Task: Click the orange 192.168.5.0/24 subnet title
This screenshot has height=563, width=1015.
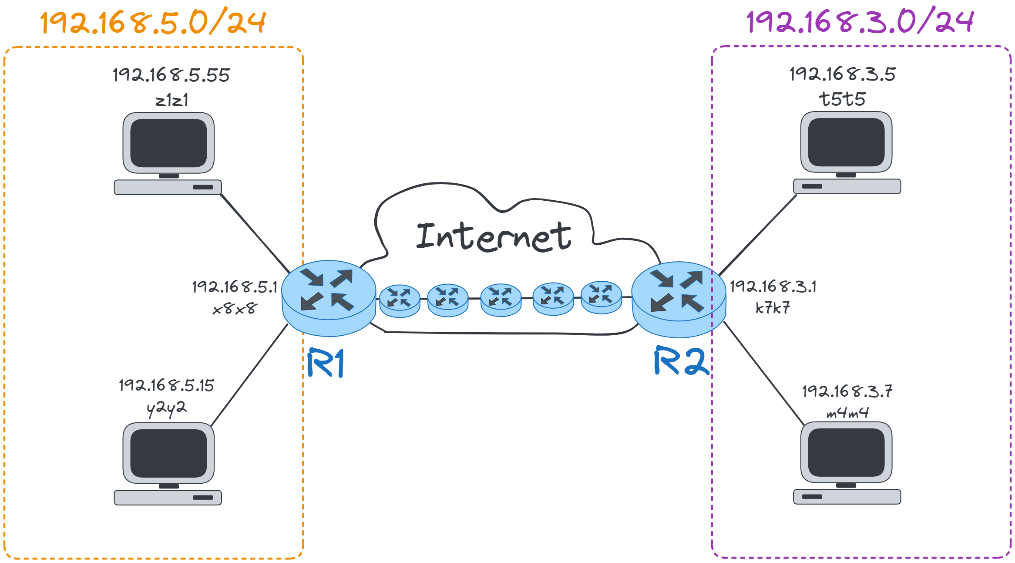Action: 152,23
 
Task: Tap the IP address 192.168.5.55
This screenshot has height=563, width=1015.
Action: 171,75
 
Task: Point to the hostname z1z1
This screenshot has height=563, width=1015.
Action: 172,101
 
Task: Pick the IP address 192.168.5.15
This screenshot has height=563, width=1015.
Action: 167,385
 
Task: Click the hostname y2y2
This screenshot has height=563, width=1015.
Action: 167,408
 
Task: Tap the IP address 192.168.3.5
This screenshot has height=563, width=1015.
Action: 843,74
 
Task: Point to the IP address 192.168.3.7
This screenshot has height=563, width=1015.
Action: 847,391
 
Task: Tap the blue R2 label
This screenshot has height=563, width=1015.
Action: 681,361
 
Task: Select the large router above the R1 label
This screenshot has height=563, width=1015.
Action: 329,298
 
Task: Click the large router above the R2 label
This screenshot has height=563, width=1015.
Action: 679,300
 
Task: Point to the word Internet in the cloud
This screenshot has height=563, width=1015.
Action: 494,237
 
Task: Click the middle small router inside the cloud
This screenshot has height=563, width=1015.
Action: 501,300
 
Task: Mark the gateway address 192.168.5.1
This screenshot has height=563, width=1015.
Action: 235,287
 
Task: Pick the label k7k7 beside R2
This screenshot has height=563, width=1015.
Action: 773,308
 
